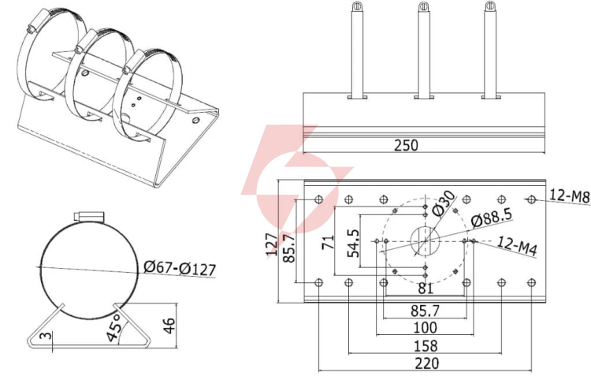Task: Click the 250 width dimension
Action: [x=406, y=145]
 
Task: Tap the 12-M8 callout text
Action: [x=569, y=195]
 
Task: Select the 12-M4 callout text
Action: [x=517, y=246]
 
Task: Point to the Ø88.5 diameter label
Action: [x=492, y=218]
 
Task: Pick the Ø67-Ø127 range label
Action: [x=180, y=268]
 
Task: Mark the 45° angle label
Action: [x=114, y=326]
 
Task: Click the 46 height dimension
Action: [x=170, y=326]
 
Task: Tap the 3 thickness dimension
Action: [x=46, y=335]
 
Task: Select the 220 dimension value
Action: [x=427, y=363]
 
